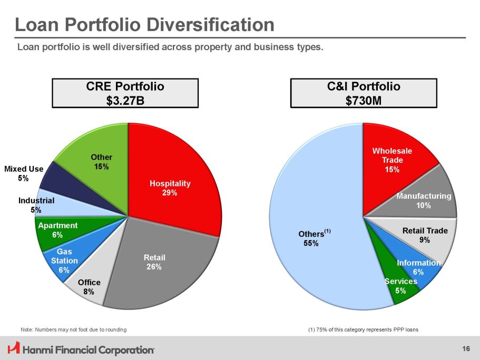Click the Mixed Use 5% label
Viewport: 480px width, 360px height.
23,173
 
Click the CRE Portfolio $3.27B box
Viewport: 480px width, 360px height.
125,93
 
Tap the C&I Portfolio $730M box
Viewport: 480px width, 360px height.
364,93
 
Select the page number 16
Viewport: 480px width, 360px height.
466,348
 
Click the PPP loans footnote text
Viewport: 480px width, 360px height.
363,329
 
